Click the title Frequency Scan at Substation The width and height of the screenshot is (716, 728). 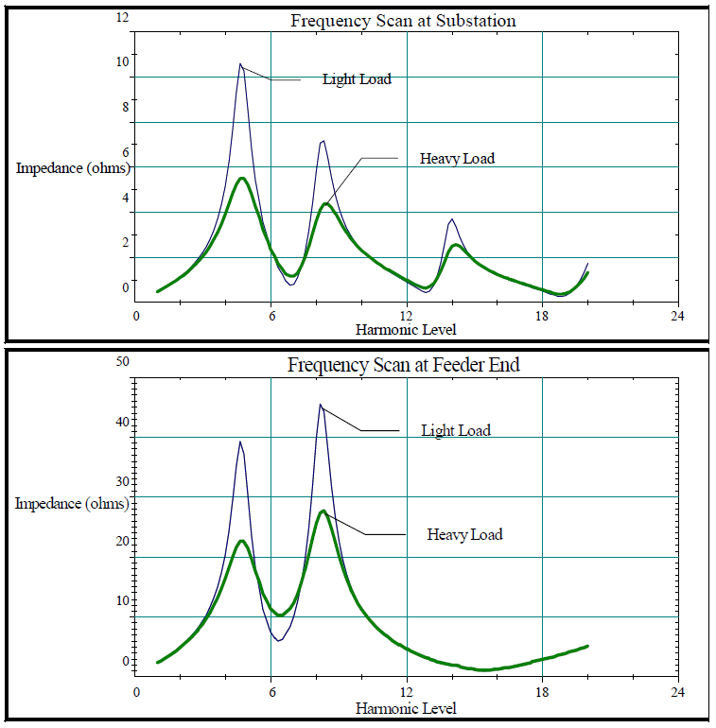click(404, 22)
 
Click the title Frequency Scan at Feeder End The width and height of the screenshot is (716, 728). click(404, 365)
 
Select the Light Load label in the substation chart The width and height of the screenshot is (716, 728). click(357, 79)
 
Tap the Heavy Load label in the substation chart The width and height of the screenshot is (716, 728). click(457, 159)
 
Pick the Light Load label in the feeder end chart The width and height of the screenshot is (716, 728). click(456, 431)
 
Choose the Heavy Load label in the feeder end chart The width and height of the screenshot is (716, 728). click(464, 535)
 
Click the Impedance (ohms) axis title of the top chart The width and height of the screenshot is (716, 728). click(73, 168)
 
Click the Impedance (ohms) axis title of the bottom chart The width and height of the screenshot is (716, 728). click(72, 504)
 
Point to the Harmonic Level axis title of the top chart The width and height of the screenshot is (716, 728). click(406, 330)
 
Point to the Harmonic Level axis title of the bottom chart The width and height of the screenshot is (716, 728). click(406, 708)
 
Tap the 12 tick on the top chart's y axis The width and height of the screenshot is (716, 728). click(121, 18)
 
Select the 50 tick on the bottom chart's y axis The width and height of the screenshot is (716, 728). click(120, 361)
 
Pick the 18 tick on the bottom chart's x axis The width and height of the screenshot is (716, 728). click(542, 691)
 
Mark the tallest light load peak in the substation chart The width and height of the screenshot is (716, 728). click(240, 64)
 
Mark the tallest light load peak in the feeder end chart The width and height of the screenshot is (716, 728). click(321, 405)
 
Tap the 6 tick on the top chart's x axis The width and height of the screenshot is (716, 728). click(271, 316)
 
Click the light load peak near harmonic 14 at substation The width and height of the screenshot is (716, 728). click(452, 219)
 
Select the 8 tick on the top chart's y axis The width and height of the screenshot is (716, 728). click(123, 107)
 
